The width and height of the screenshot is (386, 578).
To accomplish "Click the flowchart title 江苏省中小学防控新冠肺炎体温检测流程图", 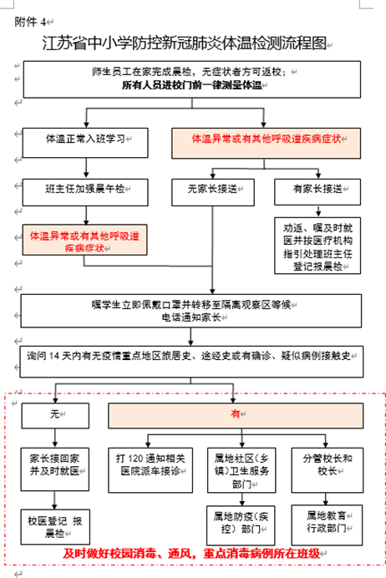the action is (185, 43).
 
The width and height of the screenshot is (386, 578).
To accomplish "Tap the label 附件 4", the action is (30, 22).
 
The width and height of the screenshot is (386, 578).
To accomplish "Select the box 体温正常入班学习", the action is (85, 143).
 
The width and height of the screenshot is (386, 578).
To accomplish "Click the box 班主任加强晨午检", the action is (85, 192).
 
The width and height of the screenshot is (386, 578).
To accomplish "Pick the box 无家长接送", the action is (213, 192).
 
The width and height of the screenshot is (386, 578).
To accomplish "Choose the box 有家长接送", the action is (317, 191).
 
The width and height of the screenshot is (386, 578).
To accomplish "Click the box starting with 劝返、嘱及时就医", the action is (317, 246).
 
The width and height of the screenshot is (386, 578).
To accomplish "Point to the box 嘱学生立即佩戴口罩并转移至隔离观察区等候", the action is (191, 311).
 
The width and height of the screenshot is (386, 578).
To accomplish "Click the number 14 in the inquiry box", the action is (54, 356).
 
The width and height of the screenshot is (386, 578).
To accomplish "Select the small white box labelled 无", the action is (55, 415).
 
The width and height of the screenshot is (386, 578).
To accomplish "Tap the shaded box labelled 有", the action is (236, 415).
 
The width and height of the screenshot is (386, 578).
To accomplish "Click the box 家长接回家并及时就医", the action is (55, 469).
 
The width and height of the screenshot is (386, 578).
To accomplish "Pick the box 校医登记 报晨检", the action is (55, 527).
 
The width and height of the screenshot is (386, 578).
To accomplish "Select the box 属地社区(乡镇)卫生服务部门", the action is (241, 470).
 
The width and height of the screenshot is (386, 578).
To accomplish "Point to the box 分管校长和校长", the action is (328, 470).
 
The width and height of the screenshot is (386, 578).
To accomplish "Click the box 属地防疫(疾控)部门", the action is (241, 525).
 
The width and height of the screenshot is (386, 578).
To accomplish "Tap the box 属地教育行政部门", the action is (327, 525).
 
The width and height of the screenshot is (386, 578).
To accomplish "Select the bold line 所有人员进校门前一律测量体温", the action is (191, 85).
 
